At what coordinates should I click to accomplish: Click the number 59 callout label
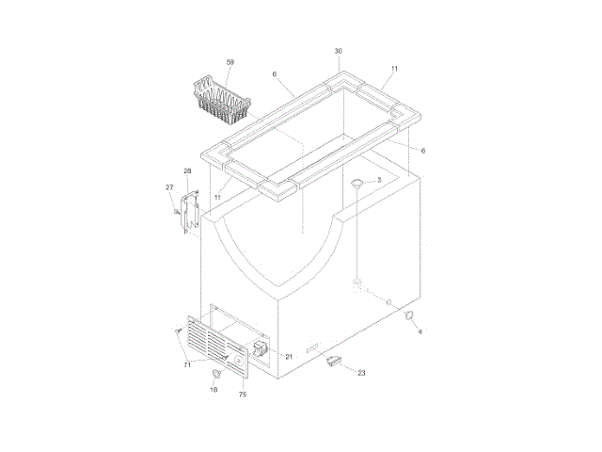[230, 62]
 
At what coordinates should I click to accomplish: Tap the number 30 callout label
[339, 51]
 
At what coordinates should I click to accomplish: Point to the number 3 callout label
[379, 180]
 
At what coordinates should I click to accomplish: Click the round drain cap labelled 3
[357, 184]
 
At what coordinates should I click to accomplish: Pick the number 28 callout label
[187, 171]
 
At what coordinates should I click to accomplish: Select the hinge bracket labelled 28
[190, 212]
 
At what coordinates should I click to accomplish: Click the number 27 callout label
[169, 187]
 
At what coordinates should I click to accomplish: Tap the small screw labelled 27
[177, 212]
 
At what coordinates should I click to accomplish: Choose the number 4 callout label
[420, 331]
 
